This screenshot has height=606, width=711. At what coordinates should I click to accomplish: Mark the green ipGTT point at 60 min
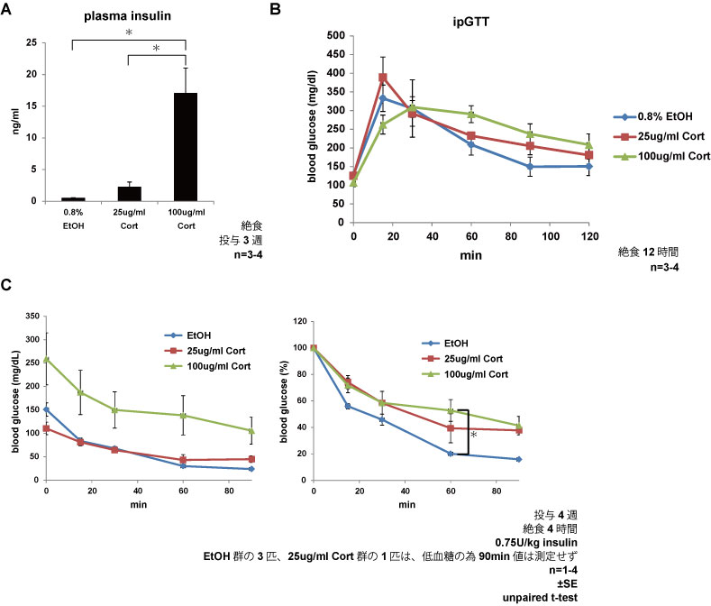pos(470,115)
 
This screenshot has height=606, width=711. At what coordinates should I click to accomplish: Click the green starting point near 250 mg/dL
pos(46,359)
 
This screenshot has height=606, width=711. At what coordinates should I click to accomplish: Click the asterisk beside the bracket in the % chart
pos(474,435)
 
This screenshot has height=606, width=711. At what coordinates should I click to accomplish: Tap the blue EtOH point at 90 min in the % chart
pos(518,459)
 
